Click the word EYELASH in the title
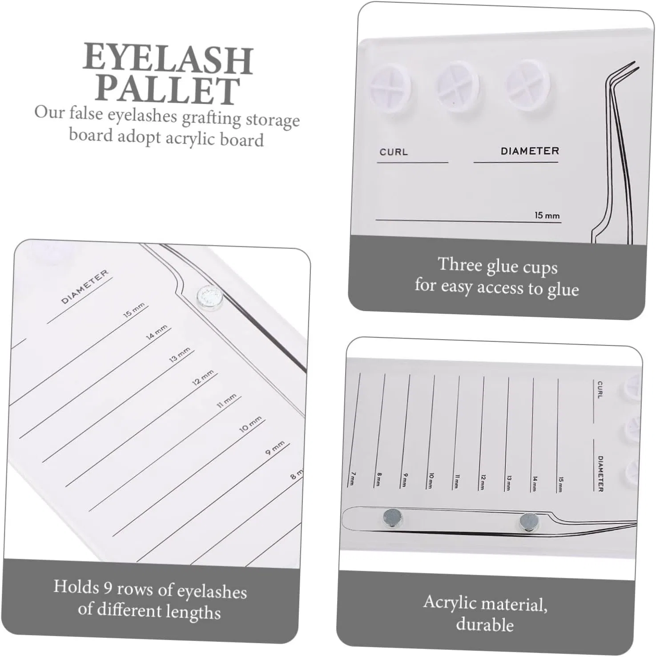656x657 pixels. pos(168,59)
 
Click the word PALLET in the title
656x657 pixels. pos(167,90)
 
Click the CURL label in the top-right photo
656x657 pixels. pos(394,152)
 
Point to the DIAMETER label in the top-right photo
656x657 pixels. pos(530,151)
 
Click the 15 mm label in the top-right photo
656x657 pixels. pos(547,216)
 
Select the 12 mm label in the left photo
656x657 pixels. pos(203,377)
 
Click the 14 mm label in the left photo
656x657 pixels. pos(157,332)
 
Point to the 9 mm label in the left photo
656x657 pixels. pos(275,448)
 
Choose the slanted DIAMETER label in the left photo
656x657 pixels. pos(85,287)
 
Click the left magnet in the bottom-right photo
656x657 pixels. pos(393,517)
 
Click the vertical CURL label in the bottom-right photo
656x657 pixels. pos(600,389)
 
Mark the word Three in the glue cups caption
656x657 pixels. pos(460,264)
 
